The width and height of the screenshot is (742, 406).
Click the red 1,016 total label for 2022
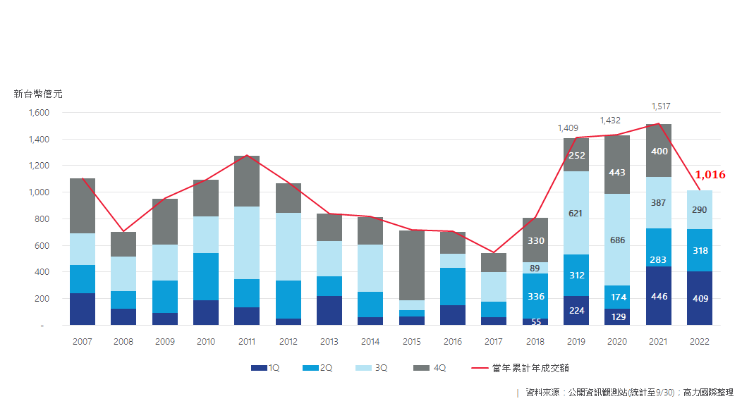pyautogui.click(x=710, y=175)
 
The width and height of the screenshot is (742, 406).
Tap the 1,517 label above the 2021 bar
pyautogui.click(x=659, y=106)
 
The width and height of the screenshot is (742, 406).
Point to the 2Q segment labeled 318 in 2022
pyautogui.click(x=700, y=250)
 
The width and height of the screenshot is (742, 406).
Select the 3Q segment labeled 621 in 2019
pyautogui.click(x=576, y=213)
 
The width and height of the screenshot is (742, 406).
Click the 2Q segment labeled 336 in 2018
pyautogui.click(x=535, y=296)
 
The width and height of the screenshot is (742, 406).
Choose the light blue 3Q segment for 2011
pyautogui.click(x=247, y=242)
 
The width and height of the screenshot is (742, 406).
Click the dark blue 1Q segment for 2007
pyautogui.click(x=83, y=309)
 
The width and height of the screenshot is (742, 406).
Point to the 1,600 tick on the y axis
pyautogui.click(x=38, y=113)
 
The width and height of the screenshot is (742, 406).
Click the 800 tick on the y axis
pyautogui.click(x=41, y=219)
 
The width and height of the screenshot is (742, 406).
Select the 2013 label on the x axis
pyautogui.click(x=329, y=342)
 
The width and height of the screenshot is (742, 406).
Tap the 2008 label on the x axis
pyautogui.click(x=123, y=342)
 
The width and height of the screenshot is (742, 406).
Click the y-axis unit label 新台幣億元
pyautogui.click(x=38, y=94)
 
